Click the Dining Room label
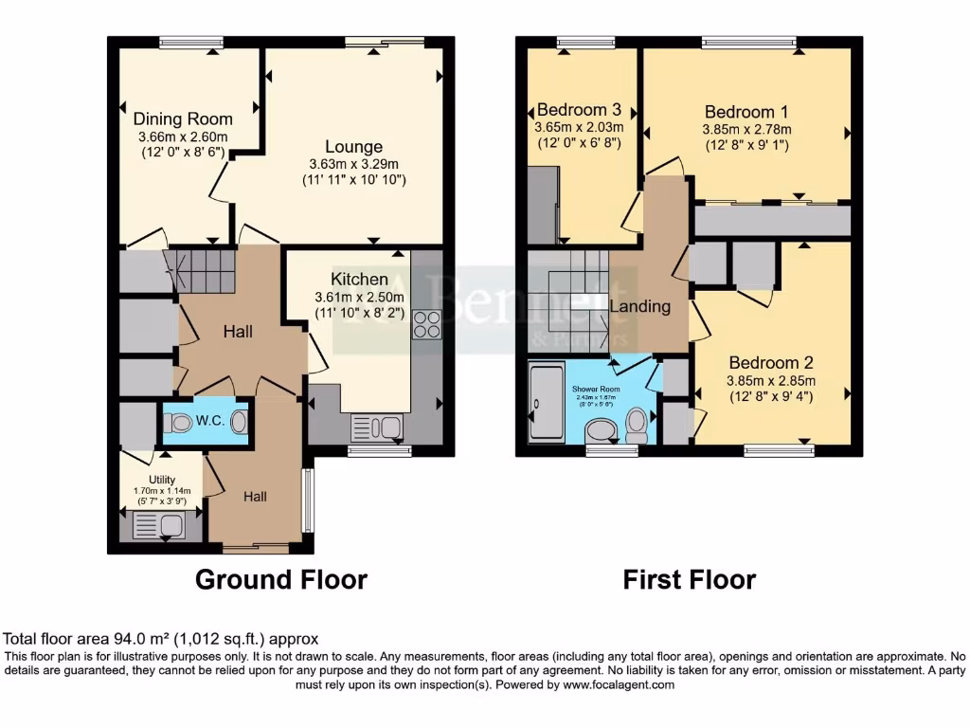tap(183, 119)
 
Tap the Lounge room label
tap(353, 147)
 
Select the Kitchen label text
tap(359, 279)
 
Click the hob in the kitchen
tap(426, 324)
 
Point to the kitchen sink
tap(377, 428)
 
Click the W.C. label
tap(209, 421)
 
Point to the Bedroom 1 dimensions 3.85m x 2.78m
tap(746, 130)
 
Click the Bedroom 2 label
tap(770, 362)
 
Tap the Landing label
tap(639, 306)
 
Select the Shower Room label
tap(595, 389)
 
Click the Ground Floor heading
tap(280, 579)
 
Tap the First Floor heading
tap(689, 579)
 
